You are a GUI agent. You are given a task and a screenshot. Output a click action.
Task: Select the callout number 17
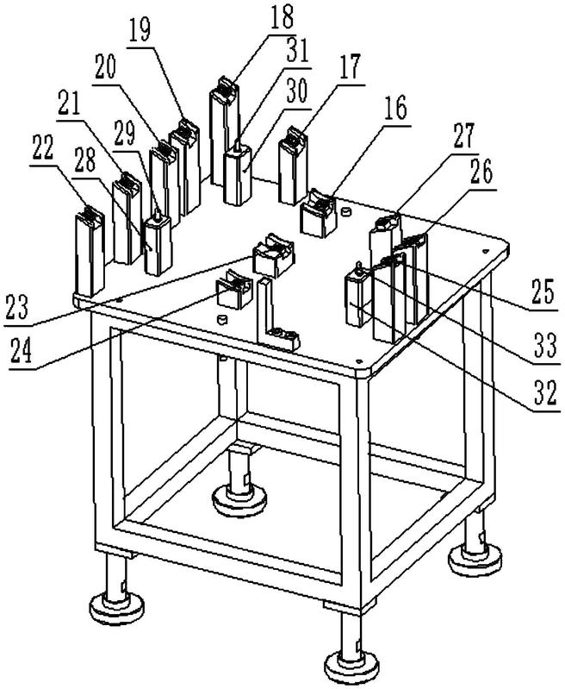click(351, 67)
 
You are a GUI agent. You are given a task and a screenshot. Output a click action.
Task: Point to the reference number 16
click(396, 109)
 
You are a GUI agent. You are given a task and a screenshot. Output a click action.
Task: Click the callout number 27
click(463, 136)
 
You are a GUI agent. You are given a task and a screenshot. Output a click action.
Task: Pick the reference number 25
click(543, 291)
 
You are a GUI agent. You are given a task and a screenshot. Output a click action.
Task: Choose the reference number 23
click(17, 307)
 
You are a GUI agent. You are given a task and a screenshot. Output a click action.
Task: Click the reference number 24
click(22, 352)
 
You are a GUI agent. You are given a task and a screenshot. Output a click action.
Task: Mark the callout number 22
click(42, 148)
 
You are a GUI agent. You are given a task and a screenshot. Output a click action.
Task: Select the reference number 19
click(140, 29)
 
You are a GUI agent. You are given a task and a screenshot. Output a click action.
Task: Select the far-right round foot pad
click(476, 558)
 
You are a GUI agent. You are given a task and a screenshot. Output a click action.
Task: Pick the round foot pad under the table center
click(239, 500)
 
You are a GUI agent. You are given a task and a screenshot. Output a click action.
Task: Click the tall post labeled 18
click(224, 132)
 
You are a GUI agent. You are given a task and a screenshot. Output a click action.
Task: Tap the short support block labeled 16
click(319, 213)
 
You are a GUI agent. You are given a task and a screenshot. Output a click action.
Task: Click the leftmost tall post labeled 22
click(90, 251)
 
